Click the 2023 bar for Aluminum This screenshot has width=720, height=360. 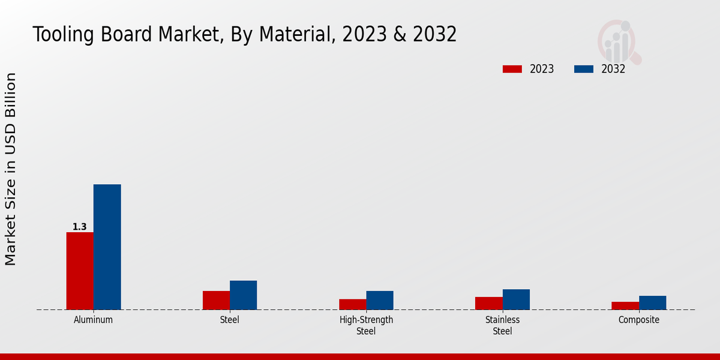(80, 271)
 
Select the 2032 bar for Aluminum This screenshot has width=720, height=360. (107, 247)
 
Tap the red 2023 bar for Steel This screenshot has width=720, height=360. (216, 300)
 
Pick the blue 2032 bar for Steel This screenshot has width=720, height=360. (243, 295)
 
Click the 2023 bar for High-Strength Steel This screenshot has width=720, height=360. (352, 304)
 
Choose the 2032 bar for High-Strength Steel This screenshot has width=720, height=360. (380, 300)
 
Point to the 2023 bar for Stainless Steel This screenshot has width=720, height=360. (488, 303)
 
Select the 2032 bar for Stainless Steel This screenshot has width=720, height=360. (516, 299)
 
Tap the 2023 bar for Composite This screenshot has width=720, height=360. (625, 305)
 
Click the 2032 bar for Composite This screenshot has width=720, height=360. (652, 302)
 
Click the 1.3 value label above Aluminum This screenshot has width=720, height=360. (79, 227)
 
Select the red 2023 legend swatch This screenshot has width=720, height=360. (512, 69)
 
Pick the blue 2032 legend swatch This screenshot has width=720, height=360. (583, 69)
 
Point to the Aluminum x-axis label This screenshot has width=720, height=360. (93, 320)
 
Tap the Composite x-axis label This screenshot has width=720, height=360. (638, 320)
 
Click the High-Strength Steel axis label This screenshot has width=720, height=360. (366, 325)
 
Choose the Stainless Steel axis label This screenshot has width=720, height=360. (502, 325)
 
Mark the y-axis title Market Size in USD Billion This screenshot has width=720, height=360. (11, 169)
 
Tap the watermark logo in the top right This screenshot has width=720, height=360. (619, 41)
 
